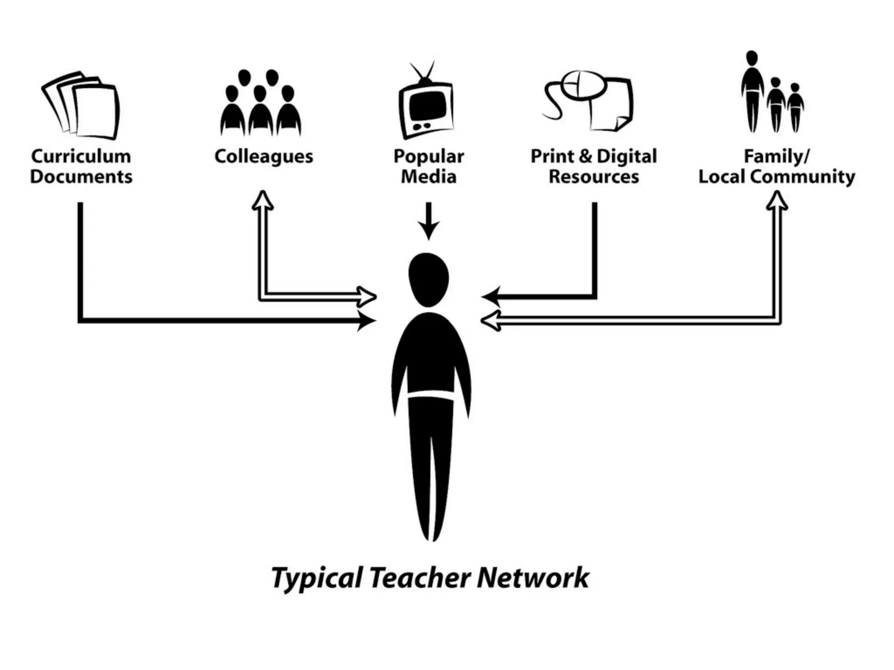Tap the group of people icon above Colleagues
pos(261,105)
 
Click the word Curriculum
pos(81,156)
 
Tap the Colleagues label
pos(264,156)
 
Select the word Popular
pos(429,156)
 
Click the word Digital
pos(626,156)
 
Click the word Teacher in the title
pos(420,578)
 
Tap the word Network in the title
pos(533,578)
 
